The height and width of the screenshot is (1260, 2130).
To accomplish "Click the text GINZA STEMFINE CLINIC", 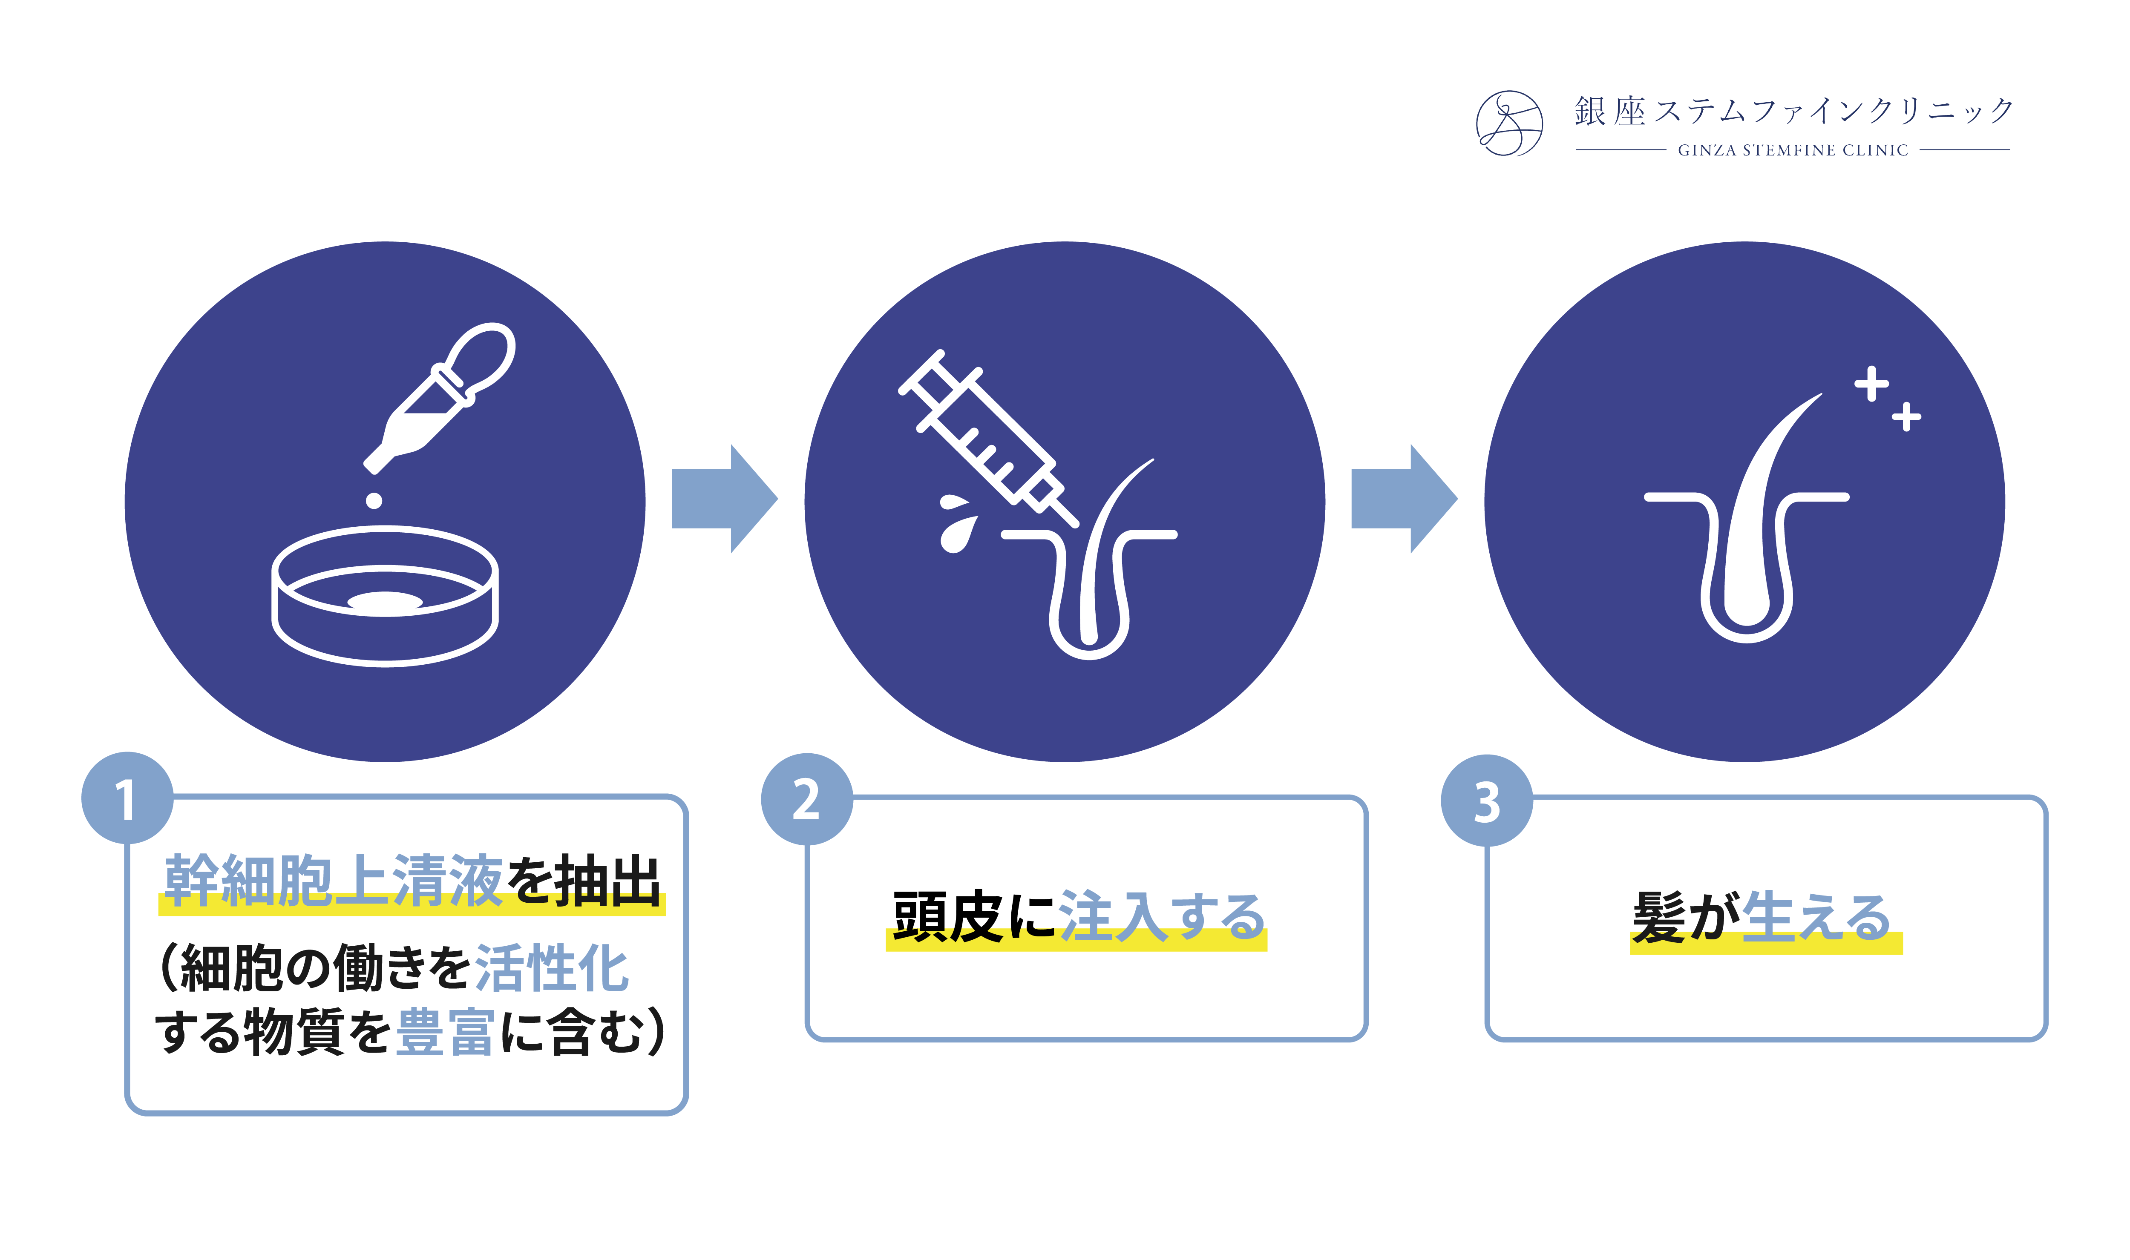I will point(1792,150).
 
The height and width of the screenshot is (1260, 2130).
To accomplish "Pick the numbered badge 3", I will point(1486,801).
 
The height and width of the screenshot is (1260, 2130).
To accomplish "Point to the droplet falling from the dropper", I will point(374,501).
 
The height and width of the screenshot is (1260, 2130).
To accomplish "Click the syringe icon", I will point(985,437).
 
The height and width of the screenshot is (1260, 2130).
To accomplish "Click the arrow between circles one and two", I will point(724,498).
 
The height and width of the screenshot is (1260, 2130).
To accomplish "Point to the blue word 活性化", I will point(552,968).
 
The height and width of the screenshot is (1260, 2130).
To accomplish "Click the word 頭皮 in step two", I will point(947,917).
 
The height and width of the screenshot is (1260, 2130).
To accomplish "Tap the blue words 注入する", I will point(1162,917).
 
